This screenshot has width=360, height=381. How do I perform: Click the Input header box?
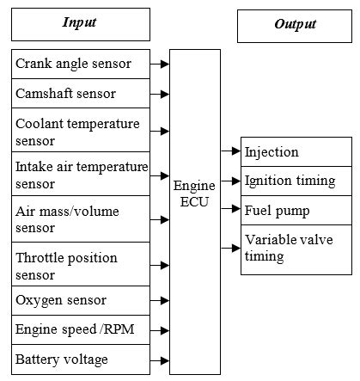pyautogui.click(x=79, y=24)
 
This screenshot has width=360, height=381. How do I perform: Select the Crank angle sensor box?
pyautogui.click(x=79, y=63)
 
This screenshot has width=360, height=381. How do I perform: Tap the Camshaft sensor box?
pyautogui.click(x=79, y=92)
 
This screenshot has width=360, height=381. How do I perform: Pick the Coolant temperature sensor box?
pyautogui.click(x=79, y=131)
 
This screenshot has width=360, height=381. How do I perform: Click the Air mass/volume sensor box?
pyautogui.click(x=79, y=219)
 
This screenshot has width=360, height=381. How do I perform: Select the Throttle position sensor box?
pyautogui.click(x=79, y=266)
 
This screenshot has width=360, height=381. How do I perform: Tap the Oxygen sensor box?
pyautogui.click(x=79, y=300)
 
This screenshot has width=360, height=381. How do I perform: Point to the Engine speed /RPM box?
pyautogui.click(x=79, y=329)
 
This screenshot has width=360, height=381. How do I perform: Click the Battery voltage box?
pyautogui.click(x=79, y=358)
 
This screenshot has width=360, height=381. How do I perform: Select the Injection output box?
pyautogui.click(x=296, y=152)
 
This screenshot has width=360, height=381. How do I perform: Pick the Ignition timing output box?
pyautogui.click(x=296, y=181)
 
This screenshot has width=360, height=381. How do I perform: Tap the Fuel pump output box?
pyautogui.click(x=296, y=209)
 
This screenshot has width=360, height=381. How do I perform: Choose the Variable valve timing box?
pyautogui.click(x=296, y=249)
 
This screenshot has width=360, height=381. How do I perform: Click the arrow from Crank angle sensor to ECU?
pyautogui.click(x=159, y=63)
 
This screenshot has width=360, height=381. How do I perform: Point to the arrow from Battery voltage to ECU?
pyautogui.click(x=159, y=358)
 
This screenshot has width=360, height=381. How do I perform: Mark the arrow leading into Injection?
pyautogui.click(x=230, y=151)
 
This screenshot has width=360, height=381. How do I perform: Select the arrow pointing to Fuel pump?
pyautogui.click(x=230, y=209)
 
